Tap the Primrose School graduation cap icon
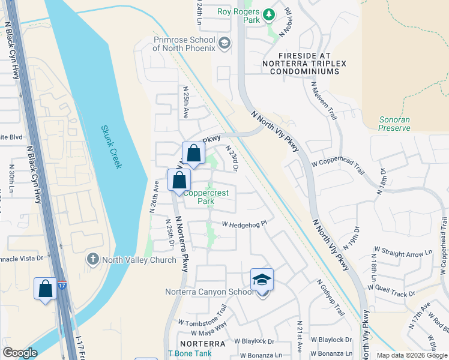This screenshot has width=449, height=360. pyautogui.click(x=224, y=42)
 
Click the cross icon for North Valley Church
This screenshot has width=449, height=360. pyautogui.click(x=92, y=259)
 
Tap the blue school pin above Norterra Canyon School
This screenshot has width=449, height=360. pyautogui.click(x=262, y=280)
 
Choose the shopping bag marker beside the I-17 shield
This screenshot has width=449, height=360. pyautogui.click(x=46, y=289)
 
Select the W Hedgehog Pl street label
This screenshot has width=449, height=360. pyautogui.click(x=244, y=224)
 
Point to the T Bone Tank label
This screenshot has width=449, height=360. pyautogui.click(x=190, y=353)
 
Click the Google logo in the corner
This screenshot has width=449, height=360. pyautogui.click(x=20, y=353)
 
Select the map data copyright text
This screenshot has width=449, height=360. pyautogui.click(x=411, y=355)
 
